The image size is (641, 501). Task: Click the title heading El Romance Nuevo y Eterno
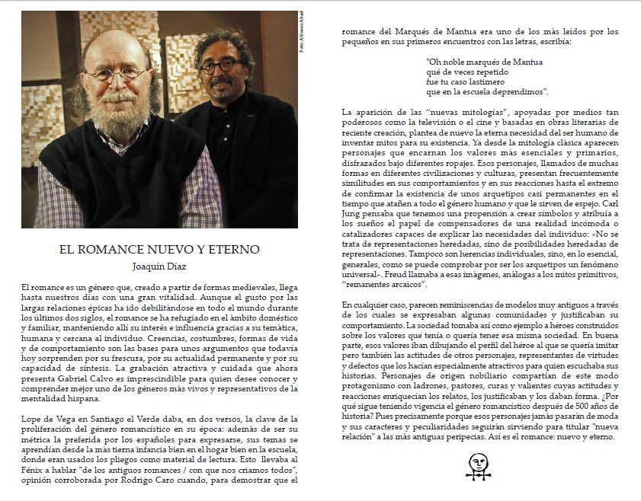(159, 249)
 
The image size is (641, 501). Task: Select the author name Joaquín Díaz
(159, 266)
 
